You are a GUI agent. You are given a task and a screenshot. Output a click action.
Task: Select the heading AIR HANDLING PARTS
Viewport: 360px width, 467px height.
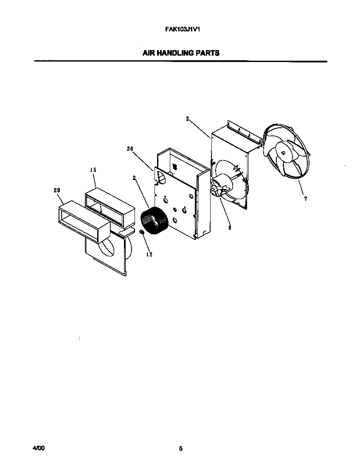tap(180, 53)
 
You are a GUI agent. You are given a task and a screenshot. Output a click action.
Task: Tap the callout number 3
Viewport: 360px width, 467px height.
tap(187, 119)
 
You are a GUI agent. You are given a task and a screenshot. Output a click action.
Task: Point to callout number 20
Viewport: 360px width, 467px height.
tap(130, 149)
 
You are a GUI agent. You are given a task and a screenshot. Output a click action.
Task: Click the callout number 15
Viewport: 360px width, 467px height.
tap(93, 170)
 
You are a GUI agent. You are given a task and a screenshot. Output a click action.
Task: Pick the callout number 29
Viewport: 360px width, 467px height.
tap(56, 191)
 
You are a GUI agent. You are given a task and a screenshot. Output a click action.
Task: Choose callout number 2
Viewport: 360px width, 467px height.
tap(134, 178)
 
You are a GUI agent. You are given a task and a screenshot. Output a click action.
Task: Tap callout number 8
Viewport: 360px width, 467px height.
tap(230, 228)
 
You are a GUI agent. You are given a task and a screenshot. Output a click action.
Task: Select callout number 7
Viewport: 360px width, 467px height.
tap(305, 199)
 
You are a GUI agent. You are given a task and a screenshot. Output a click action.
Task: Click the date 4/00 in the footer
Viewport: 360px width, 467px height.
tap(38, 448)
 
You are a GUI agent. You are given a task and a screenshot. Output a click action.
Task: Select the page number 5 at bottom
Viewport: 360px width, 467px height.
tap(180, 448)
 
